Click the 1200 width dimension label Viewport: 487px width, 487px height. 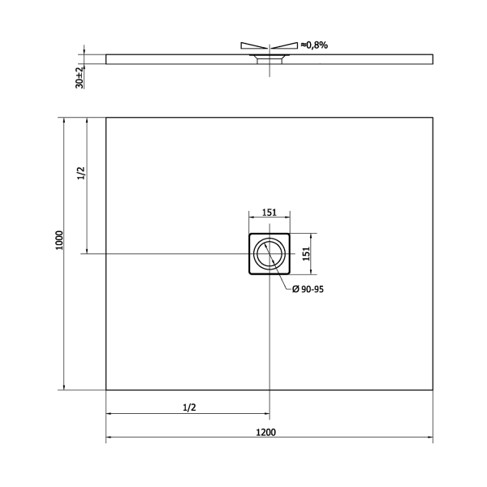[x=269, y=431]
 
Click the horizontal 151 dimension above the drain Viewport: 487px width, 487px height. [x=269, y=213]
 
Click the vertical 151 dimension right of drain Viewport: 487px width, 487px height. [x=307, y=254]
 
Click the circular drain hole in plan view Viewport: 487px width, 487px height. [x=269, y=254]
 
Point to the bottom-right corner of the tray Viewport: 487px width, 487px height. [x=432, y=390]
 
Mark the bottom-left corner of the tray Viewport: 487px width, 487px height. [x=106, y=390]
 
